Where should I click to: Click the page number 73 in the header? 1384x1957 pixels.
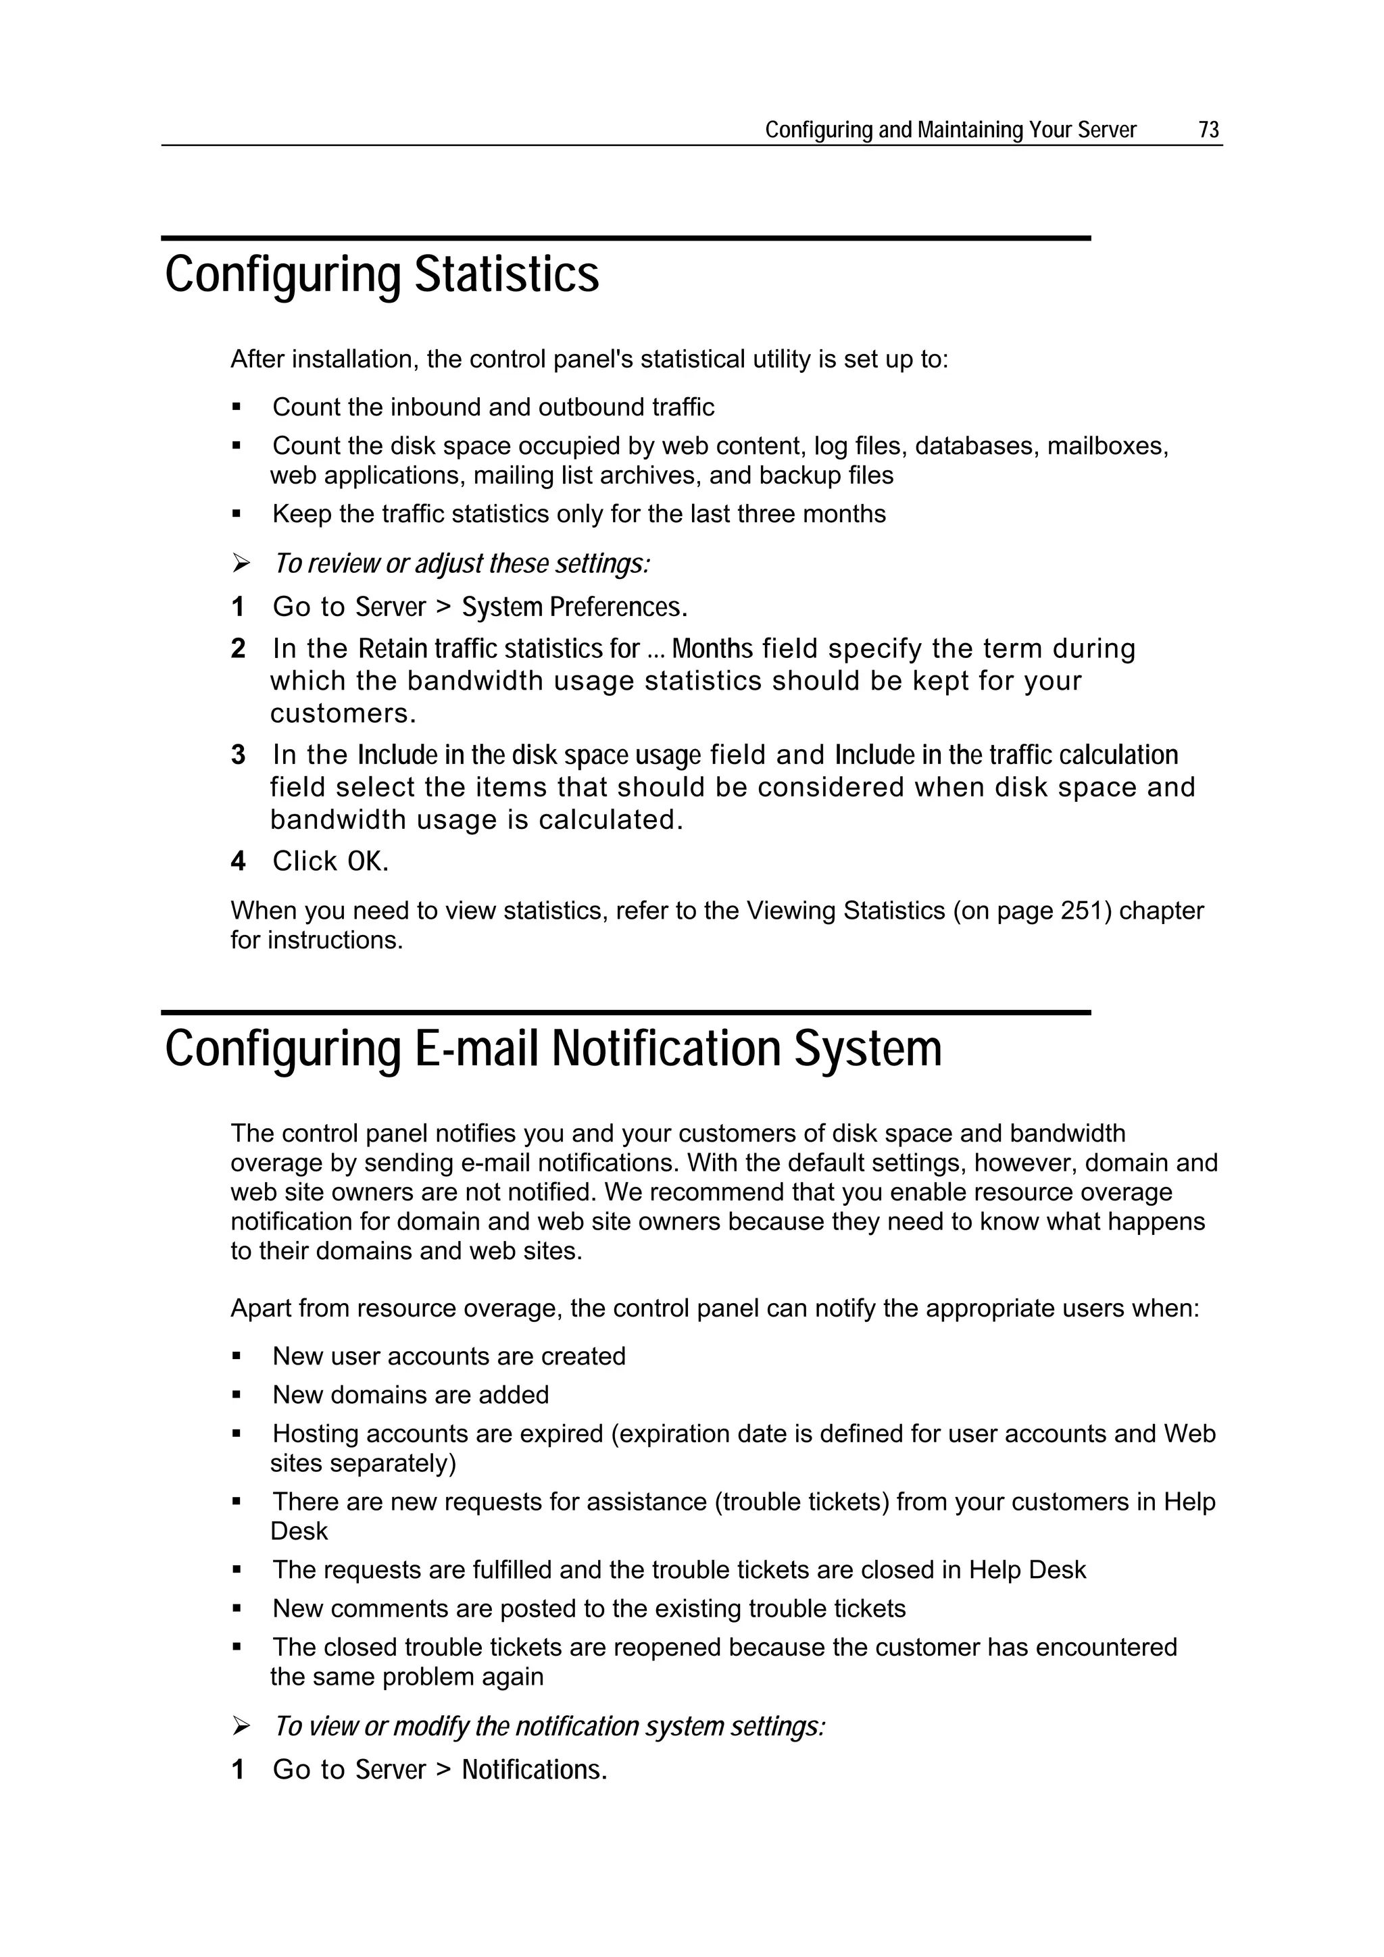point(1208,130)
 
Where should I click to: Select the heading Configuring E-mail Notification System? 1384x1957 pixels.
point(553,1048)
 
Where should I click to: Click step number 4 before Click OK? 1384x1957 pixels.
point(238,862)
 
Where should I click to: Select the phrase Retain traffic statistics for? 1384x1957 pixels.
point(499,649)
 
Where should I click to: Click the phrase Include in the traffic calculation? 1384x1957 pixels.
point(1006,755)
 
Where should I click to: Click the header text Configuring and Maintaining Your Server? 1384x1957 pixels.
point(950,130)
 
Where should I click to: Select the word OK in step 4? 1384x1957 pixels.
point(368,862)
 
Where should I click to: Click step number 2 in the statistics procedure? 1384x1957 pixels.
point(238,649)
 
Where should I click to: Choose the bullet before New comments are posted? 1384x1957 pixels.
point(237,1609)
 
